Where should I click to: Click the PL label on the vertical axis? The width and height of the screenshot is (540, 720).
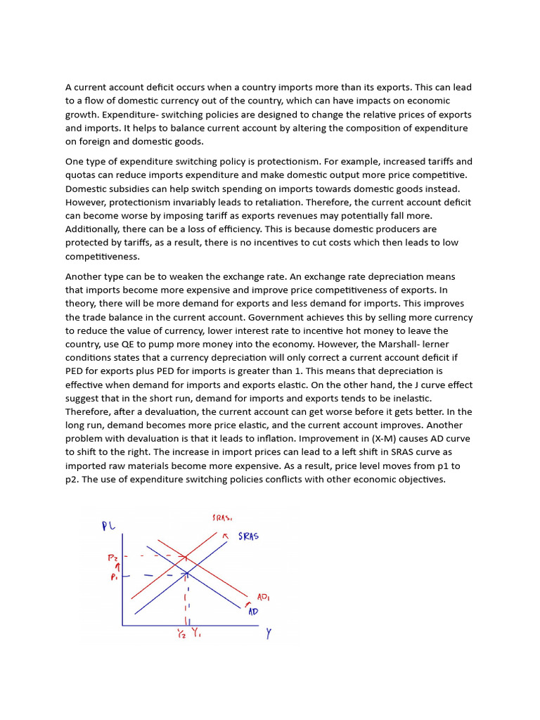pyautogui.click(x=108, y=527)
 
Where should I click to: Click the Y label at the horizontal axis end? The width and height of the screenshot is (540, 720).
pyautogui.click(x=269, y=633)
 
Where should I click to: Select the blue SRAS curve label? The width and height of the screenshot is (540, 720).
pyautogui.click(x=247, y=536)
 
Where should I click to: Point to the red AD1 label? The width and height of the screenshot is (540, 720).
pyautogui.click(x=263, y=598)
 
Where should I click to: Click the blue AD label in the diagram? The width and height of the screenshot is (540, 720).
pyautogui.click(x=253, y=612)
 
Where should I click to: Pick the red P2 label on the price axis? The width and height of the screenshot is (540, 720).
pyautogui.click(x=112, y=557)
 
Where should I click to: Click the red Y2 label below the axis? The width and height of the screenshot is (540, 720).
pyautogui.click(x=181, y=634)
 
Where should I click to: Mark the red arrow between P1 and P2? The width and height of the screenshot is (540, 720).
pyautogui.click(x=117, y=566)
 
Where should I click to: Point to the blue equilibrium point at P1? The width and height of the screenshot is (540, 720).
pyautogui.click(x=186, y=574)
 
